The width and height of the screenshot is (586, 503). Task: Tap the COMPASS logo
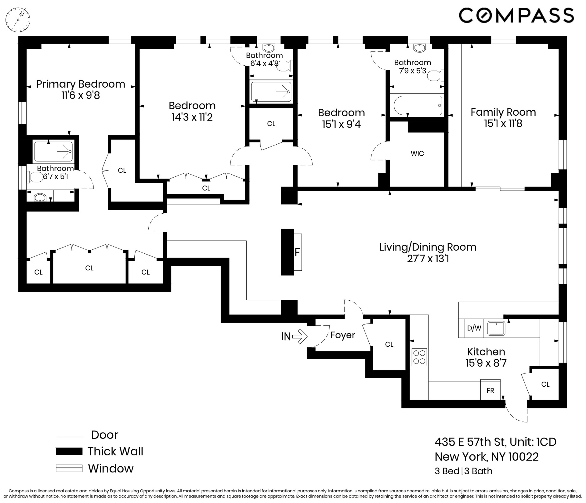pos(516,15)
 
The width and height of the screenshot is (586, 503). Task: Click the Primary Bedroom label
pos(81,84)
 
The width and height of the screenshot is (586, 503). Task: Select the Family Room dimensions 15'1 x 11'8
pos(503,123)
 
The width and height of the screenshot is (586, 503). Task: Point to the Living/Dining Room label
pos(428,247)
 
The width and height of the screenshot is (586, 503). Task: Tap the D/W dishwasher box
pos(474,328)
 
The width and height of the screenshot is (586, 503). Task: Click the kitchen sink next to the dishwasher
pos(496,328)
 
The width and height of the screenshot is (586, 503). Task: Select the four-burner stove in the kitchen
pos(419,357)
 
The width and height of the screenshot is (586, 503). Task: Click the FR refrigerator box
pos(490,390)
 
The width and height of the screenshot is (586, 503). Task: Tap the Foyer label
pos(343,335)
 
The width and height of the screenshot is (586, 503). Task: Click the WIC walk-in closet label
pos(417,154)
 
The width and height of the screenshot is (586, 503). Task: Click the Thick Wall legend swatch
pos(69,451)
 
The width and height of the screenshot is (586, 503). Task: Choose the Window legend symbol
pos(69,469)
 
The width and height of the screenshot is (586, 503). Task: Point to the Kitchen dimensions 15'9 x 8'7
pos(486,363)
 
